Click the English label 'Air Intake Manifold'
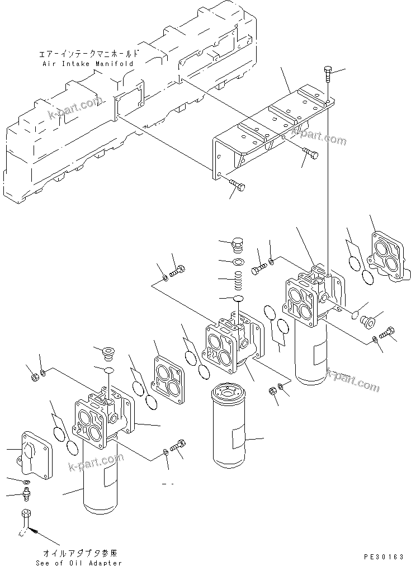(x=88, y=64)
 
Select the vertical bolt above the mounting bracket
(x=328, y=74)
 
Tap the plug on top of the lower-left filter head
(x=106, y=354)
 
